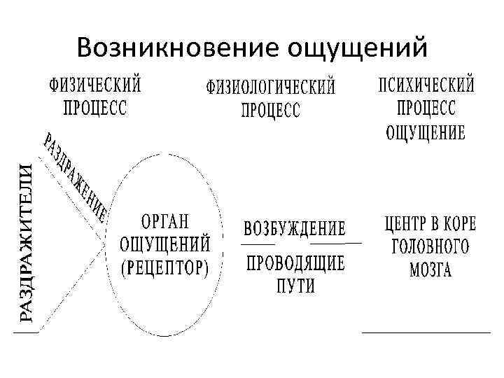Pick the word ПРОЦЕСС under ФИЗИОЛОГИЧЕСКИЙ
[x=270, y=110]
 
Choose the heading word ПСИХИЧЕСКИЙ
[x=426, y=87]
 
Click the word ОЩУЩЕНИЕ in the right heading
[x=426, y=132]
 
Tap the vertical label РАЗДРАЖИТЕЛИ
[x=25, y=242]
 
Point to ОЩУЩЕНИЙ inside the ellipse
[x=165, y=245]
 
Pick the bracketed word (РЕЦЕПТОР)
[x=165, y=267]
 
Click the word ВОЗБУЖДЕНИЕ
[x=294, y=230]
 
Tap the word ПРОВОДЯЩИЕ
[x=294, y=263]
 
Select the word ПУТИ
[x=295, y=285]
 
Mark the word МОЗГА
[x=427, y=270]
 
